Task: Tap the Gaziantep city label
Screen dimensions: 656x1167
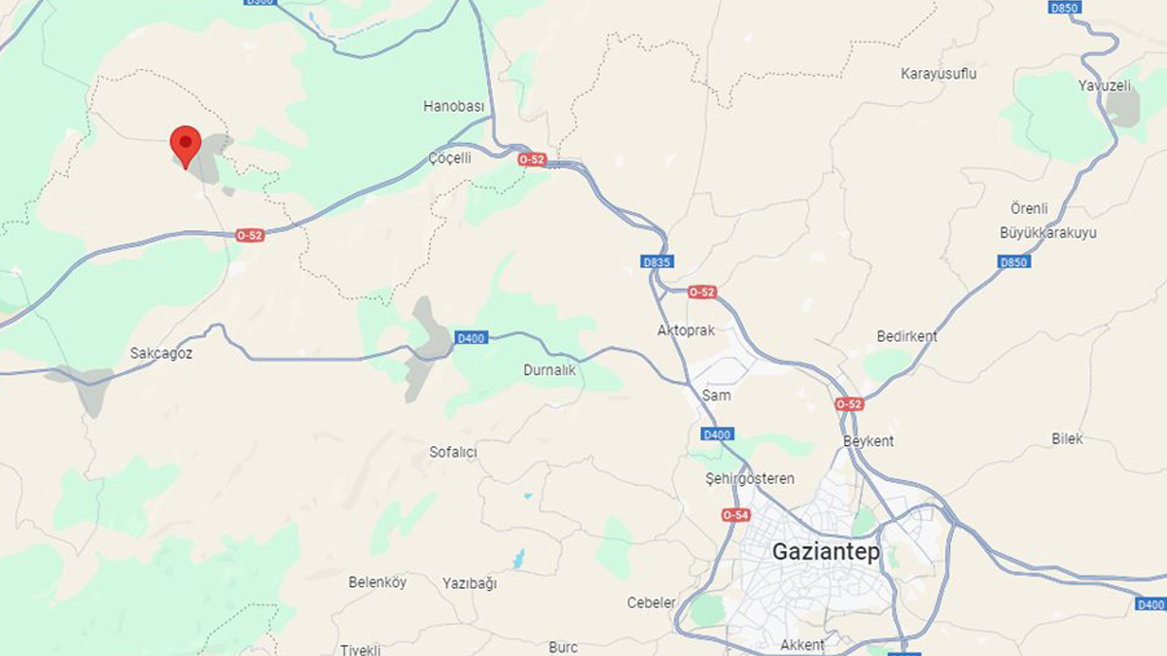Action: (826, 552)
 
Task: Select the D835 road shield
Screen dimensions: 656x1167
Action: (657, 262)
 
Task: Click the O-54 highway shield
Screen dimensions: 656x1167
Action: (736, 515)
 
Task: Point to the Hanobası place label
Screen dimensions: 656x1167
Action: (454, 106)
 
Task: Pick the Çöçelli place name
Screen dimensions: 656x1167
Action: (449, 157)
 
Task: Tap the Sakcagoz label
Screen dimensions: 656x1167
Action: (161, 354)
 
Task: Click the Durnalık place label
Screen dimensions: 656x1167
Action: (549, 370)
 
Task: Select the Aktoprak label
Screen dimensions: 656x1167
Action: (686, 330)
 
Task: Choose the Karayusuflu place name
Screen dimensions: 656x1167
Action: (938, 74)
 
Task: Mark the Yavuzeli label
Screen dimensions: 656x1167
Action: (1105, 86)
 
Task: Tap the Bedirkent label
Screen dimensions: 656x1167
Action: (906, 336)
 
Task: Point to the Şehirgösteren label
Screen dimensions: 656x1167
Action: (749, 479)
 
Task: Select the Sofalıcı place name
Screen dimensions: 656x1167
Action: (453, 452)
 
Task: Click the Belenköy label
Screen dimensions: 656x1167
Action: (377, 582)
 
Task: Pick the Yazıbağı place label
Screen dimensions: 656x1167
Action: (470, 583)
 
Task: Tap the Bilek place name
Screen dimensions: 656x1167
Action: (1067, 439)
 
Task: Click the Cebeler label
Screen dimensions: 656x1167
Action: (652, 603)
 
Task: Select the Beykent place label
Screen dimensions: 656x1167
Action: (868, 441)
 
